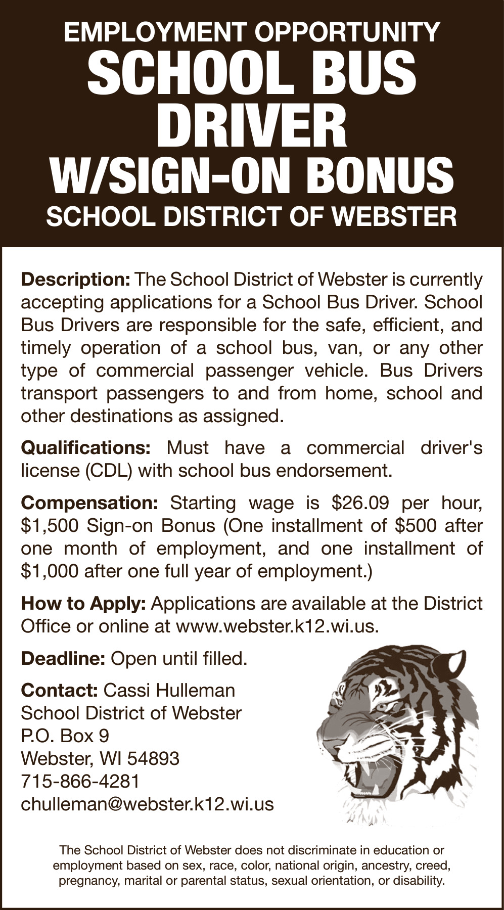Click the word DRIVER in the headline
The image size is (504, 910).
(252, 126)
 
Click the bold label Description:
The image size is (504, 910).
(76, 280)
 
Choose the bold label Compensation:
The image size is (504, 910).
(90, 503)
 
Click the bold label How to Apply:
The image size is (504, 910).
(83, 604)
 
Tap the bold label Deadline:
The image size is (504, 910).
(63, 659)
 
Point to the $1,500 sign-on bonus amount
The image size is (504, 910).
(50, 526)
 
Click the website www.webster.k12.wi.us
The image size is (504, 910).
(277, 626)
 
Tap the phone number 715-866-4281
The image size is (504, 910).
(80, 782)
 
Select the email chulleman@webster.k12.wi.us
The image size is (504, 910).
(147, 804)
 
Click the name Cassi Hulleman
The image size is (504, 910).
(169, 691)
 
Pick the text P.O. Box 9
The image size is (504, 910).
(65, 736)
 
